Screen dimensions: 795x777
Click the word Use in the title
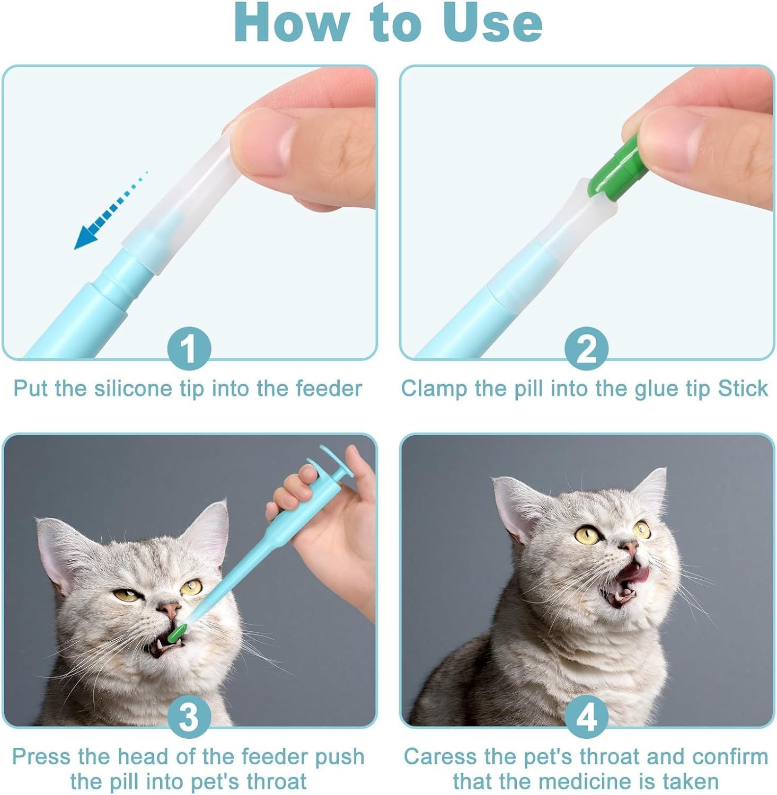[x=492, y=23]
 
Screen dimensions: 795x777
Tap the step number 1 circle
[x=189, y=349]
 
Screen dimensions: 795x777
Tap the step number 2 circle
[x=586, y=349]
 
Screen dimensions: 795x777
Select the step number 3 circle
[x=189, y=717]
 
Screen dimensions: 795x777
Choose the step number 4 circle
[x=586, y=717]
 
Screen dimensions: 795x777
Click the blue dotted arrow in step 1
[x=109, y=212]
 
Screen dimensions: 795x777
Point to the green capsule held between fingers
[x=615, y=170]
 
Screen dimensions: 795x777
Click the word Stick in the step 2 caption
[x=743, y=388]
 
